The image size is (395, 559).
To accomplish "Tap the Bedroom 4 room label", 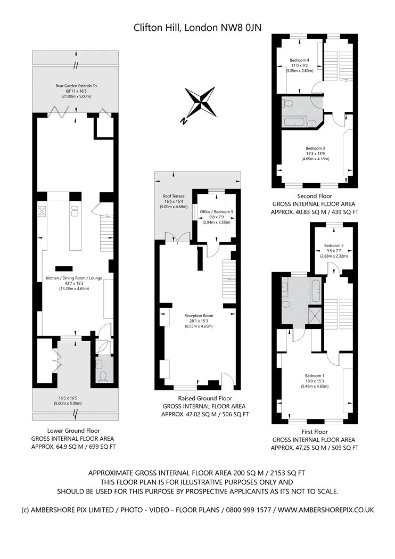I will [x=299, y=60].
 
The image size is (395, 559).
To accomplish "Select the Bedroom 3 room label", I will [x=315, y=148].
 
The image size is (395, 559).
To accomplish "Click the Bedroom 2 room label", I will [x=334, y=245].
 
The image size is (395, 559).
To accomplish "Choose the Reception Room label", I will [x=198, y=315].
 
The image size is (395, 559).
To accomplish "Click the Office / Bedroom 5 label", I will [x=216, y=212].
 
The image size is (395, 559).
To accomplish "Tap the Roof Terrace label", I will [x=173, y=196].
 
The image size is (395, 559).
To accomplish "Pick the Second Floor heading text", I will [x=314, y=195].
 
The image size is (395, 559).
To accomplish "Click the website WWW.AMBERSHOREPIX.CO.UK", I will [x=326, y=509].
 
